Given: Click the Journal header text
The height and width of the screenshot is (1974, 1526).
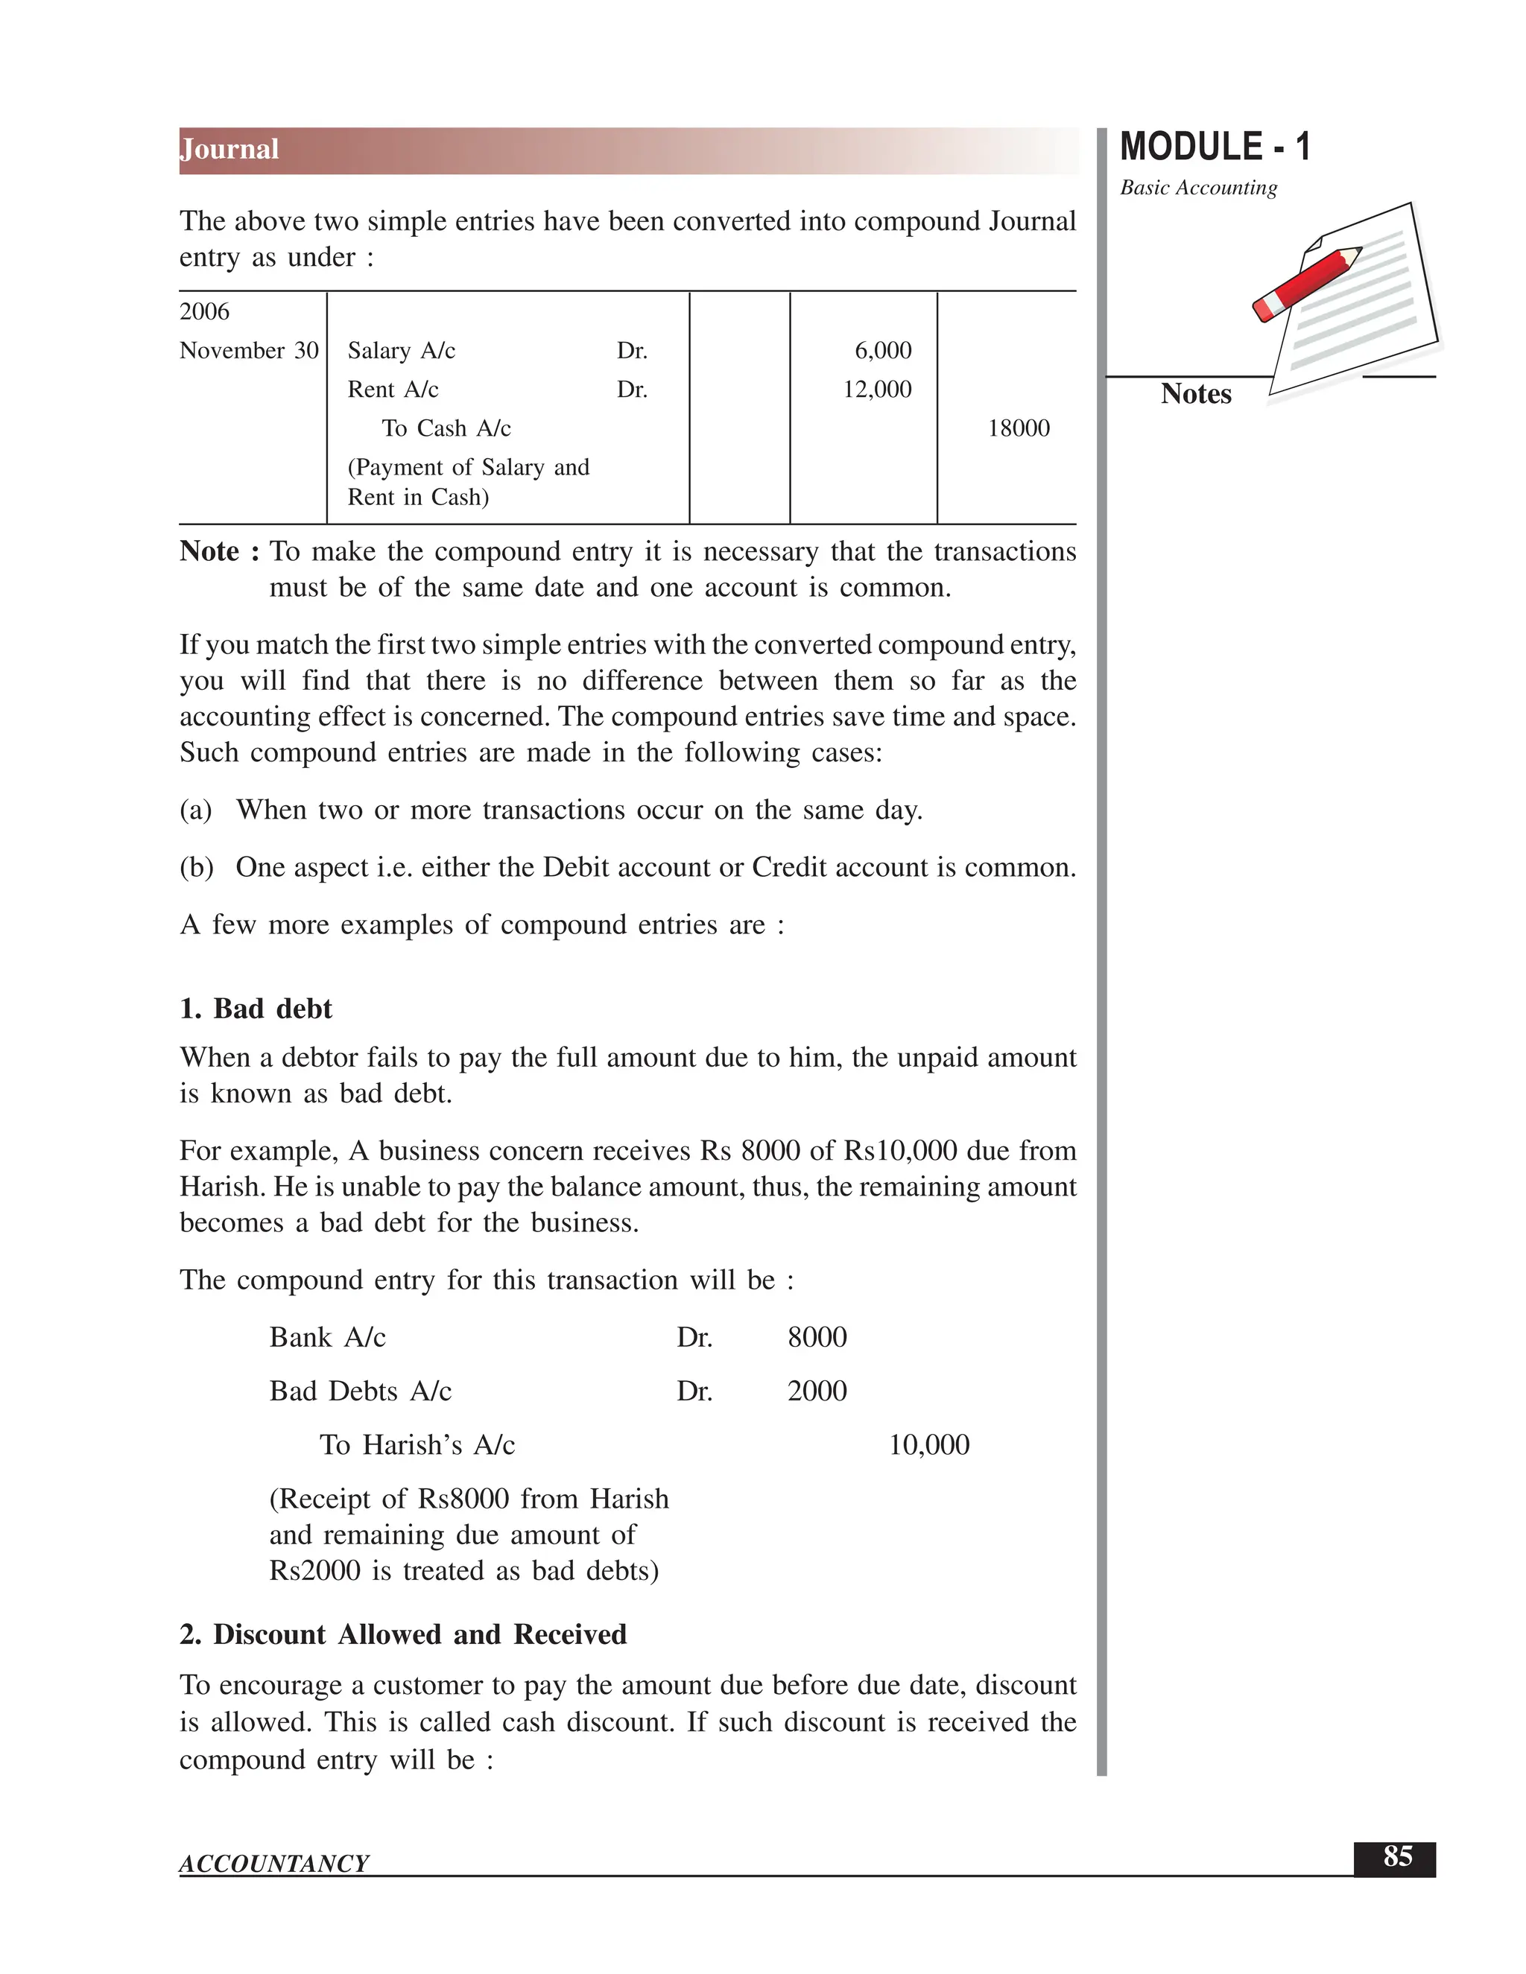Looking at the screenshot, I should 229,149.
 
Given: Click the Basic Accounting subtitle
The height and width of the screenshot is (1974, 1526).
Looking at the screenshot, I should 1198,188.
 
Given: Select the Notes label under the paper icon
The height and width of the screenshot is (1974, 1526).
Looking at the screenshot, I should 1195,394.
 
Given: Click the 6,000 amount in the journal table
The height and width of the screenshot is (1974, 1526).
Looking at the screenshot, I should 882,351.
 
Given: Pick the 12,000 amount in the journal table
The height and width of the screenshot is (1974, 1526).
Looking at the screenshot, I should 877,390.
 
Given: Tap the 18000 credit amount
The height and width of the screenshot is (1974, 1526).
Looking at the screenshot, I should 1018,428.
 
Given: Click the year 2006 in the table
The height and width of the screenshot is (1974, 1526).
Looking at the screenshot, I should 204,312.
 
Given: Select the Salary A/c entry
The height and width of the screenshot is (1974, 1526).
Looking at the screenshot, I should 402,351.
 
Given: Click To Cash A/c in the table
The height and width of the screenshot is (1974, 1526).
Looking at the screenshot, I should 446,428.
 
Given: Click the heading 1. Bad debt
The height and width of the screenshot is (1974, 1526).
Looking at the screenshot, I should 256,1009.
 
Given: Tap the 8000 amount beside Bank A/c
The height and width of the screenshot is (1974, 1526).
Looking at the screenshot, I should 817,1338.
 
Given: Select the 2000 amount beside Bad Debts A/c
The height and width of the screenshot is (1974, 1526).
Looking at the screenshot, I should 817,1391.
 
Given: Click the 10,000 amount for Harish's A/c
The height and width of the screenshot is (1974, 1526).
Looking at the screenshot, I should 928,1445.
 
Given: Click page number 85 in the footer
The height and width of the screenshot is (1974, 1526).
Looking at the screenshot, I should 1397,1856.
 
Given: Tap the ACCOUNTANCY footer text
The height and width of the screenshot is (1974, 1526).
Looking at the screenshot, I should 274,1864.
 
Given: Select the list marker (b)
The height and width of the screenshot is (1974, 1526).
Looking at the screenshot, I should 196,868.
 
